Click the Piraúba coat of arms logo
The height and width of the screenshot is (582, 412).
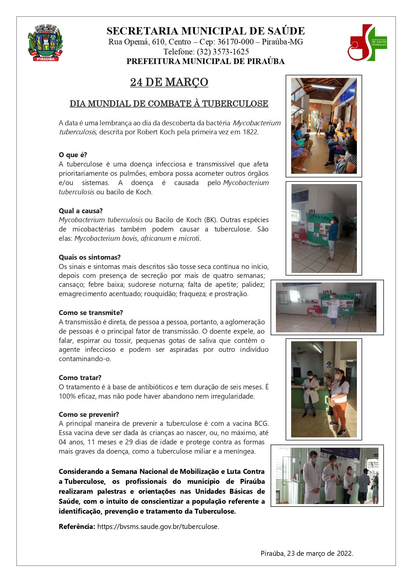click(x=45, y=42)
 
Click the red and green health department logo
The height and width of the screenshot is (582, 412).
click(x=367, y=42)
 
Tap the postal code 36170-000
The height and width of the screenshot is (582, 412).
click(x=235, y=42)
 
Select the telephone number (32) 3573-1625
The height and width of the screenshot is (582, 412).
click(x=223, y=52)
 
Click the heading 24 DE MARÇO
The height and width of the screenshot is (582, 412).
click(x=169, y=82)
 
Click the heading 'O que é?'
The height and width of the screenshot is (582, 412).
click(x=73, y=155)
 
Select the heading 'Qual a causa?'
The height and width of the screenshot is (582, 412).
click(x=81, y=211)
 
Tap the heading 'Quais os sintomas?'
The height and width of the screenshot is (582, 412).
click(x=90, y=257)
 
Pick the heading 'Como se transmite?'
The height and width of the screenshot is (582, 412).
click(x=91, y=313)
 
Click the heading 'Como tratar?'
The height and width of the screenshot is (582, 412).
click(x=80, y=378)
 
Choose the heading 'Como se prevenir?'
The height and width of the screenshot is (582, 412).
click(x=89, y=415)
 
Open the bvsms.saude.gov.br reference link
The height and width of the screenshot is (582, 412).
click(x=158, y=527)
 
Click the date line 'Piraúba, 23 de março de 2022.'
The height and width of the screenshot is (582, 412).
click(x=307, y=553)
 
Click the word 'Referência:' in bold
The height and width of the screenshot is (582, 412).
click(x=77, y=527)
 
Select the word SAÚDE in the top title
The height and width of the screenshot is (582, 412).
click(x=286, y=31)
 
